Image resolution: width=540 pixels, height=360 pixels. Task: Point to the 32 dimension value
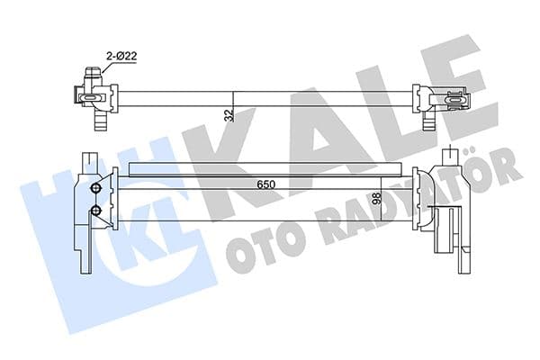point(229,114)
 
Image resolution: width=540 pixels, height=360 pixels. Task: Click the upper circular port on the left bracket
point(96,189)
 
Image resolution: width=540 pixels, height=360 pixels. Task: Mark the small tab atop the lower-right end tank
point(451,154)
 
